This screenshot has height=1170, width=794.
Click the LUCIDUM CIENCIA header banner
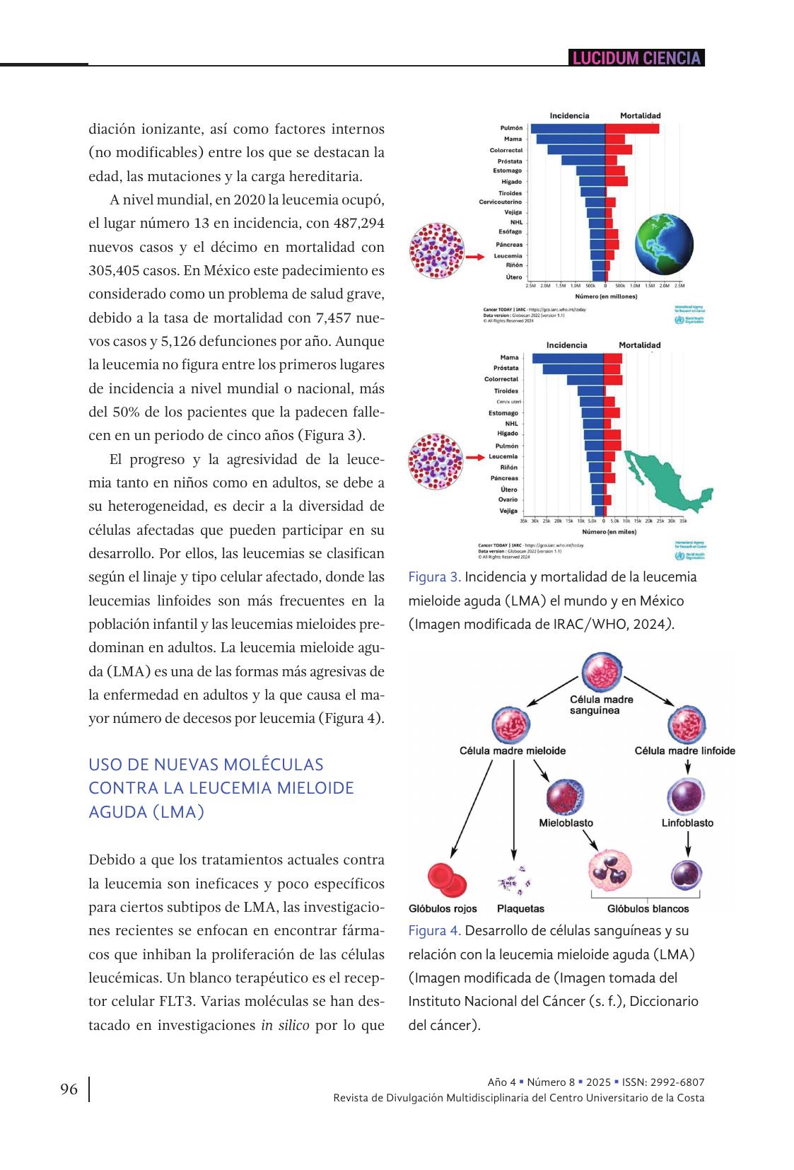(636, 58)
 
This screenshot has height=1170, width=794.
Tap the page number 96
(69, 1089)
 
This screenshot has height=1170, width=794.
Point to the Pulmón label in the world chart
(511, 128)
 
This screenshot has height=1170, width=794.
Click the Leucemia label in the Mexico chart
(503, 456)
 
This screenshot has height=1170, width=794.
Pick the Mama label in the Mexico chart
(509, 358)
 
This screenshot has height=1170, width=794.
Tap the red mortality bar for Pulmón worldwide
(632, 128)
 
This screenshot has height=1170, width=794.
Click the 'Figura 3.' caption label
(434, 577)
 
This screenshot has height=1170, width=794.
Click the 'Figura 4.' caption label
(434, 930)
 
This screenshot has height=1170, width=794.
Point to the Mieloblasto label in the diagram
(566, 823)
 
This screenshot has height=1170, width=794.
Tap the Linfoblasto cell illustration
(687, 795)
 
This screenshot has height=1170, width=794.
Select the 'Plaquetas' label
(520, 908)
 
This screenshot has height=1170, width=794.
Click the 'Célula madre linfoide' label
(684, 751)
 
